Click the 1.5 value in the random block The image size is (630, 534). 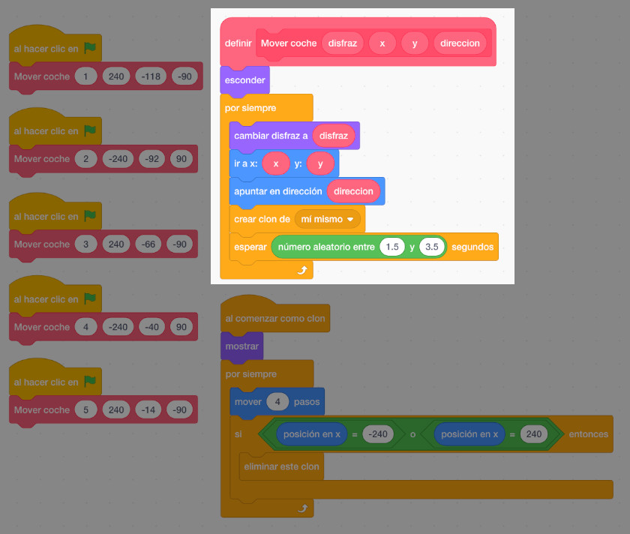click(x=392, y=247)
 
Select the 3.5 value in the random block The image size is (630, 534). click(x=431, y=247)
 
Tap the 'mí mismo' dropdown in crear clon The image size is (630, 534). click(x=327, y=219)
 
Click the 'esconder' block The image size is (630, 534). click(x=244, y=80)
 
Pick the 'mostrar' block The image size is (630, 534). click(x=241, y=346)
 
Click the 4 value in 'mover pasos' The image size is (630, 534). click(x=277, y=402)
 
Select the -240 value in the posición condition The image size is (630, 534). click(x=378, y=434)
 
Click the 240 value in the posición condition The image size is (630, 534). click(x=534, y=434)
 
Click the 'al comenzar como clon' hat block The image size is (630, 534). click(x=274, y=319)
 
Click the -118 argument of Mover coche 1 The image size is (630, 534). click(x=151, y=76)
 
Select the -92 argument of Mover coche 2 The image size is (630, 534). click(x=153, y=159)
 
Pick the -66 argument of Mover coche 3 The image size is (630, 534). click(x=151, y=244)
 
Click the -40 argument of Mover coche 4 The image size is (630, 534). click(x=153, y=327)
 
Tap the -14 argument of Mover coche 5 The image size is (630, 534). click(x=151, y=410)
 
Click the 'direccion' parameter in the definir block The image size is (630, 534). click(x=460, y=43)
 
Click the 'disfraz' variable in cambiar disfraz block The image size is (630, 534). click(x=334, y=136)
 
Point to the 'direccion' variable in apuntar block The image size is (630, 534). click(x=353, y=191)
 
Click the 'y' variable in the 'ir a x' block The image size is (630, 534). click(x=320, y=163)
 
